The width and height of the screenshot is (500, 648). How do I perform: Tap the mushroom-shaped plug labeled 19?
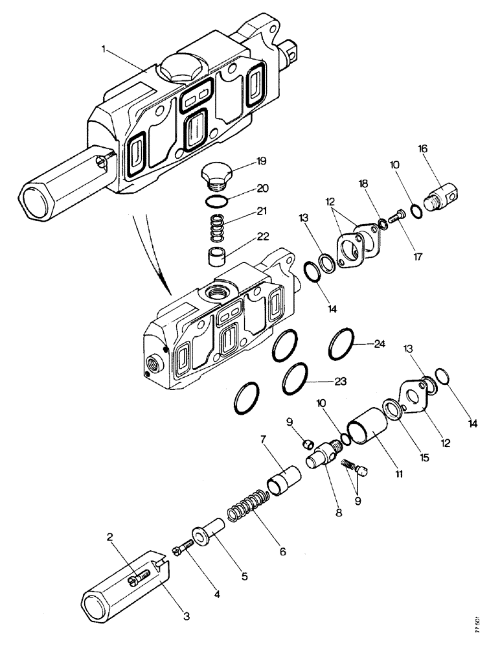coord(215,174)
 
